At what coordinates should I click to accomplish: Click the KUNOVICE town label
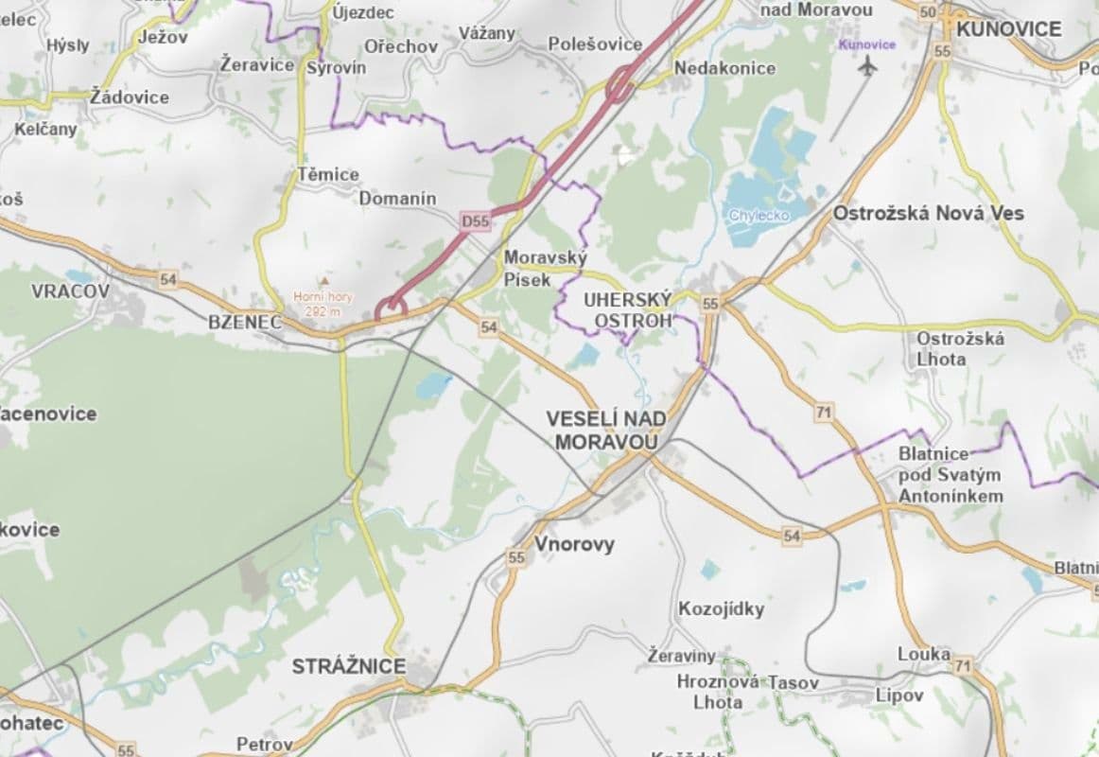coord(1009,28)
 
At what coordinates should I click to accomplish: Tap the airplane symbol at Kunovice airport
coord(867,64)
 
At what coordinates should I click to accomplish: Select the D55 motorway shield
coord(475,221)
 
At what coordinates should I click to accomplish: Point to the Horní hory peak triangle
coord(324,281)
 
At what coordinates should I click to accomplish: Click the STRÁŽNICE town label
coord(348,666)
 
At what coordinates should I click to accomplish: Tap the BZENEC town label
coord(245,322)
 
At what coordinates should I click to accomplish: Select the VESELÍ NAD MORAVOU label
coord(605,430)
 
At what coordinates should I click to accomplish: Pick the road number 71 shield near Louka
coord(963,666)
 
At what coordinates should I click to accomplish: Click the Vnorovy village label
coord(574,544)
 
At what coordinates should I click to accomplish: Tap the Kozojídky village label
coord(721,608)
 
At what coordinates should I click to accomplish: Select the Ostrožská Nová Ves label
coord(928,213)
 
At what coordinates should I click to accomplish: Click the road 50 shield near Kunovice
coord(928,11)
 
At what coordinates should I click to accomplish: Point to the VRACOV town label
coord(70,290)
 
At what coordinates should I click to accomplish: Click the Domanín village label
coord(397,198)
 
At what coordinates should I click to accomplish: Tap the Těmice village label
coord(328,174)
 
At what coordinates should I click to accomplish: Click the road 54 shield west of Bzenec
coord(168,279)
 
